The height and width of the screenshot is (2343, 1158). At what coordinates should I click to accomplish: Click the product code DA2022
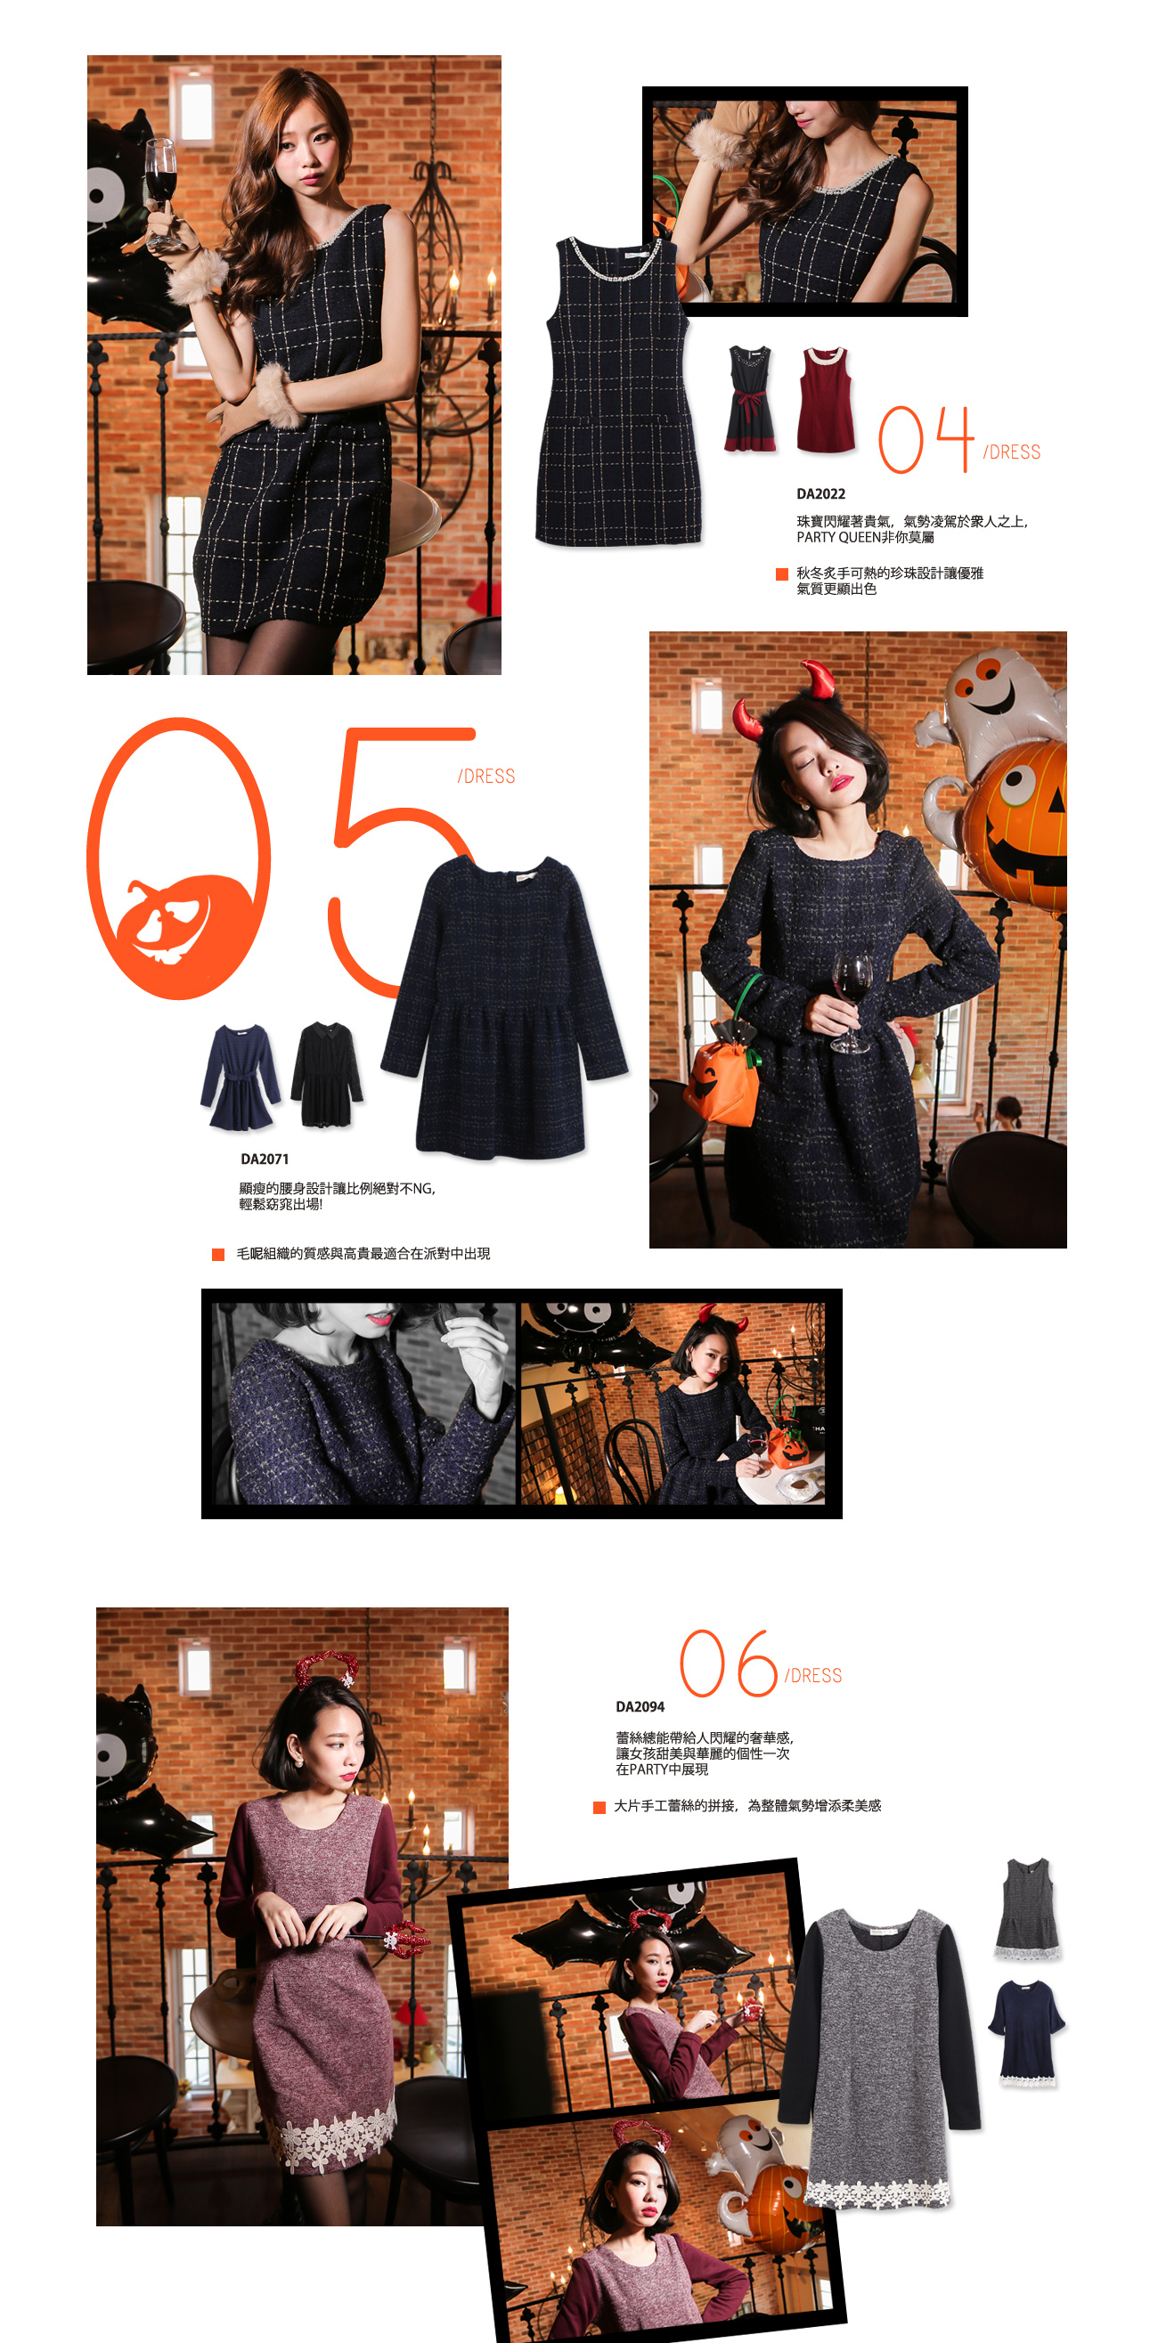tap(820, 494)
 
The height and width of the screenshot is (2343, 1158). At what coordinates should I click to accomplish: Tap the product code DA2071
tap(264, 1159)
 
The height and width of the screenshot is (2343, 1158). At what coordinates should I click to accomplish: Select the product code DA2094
tap(640, 1706)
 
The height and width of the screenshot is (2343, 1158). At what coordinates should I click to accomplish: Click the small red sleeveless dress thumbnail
tap(825, 399)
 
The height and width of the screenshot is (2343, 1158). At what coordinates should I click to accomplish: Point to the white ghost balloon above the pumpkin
tap(991, 710)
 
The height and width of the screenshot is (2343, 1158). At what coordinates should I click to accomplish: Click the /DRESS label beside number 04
tap(1011, 452)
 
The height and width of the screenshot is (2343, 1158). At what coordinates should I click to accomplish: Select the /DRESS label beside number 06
tap(812, 1675)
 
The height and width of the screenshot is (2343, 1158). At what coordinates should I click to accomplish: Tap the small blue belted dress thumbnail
tap(241, 1077)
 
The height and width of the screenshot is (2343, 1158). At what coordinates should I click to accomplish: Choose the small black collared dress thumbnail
tap(327, 1073)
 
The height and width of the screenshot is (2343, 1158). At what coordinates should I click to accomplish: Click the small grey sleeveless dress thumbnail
tap(1028, 1908)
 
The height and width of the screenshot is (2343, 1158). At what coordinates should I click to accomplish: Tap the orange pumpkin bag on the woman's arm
tap(723, 1078)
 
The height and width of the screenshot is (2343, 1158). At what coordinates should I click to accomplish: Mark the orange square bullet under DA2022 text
tap(780, 573)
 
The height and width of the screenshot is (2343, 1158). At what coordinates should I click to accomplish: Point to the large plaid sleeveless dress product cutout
tap(617, 391)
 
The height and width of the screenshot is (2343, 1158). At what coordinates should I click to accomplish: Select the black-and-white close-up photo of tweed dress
tap(363, 1403)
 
